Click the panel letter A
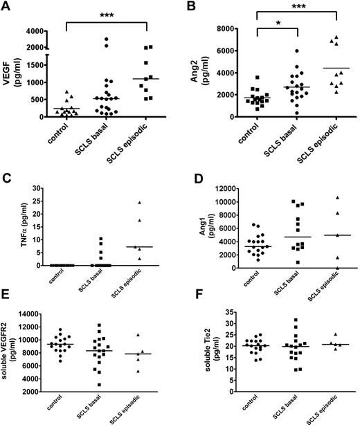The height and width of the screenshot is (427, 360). pos(6,7)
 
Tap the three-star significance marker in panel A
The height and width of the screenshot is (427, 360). pos(106,15)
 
